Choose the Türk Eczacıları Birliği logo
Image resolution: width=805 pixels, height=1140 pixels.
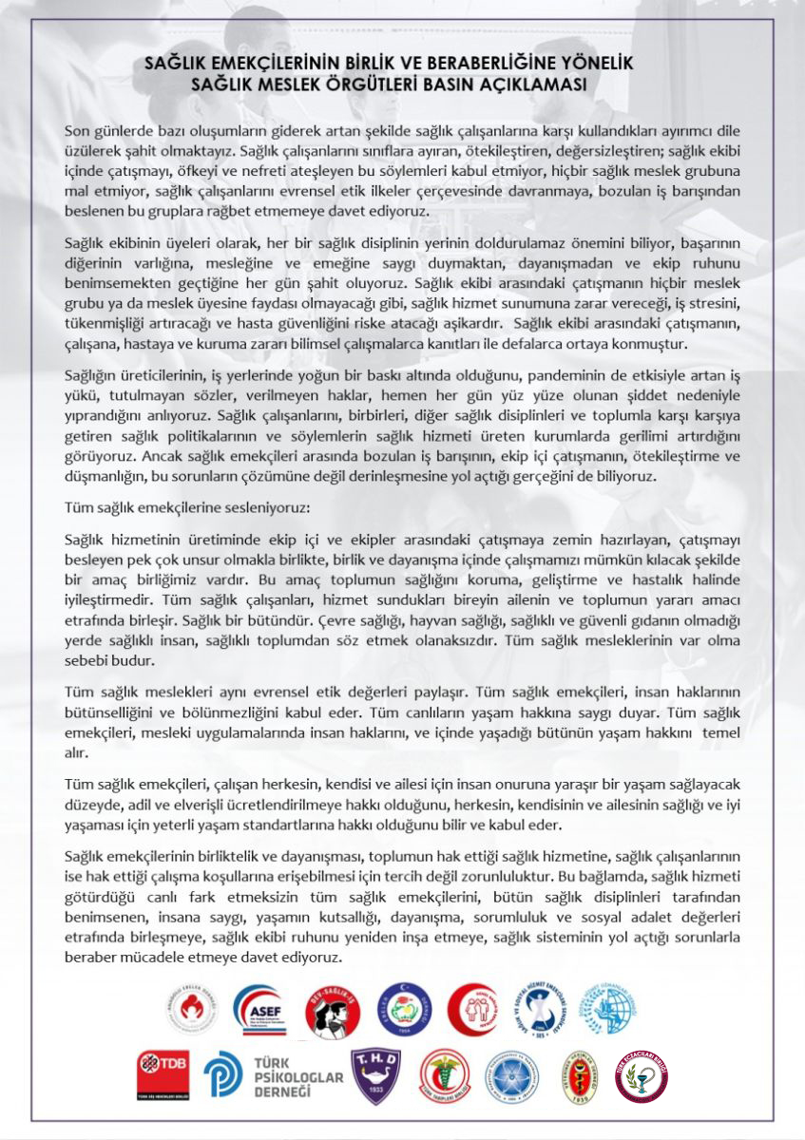[x=642, y=1076]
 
